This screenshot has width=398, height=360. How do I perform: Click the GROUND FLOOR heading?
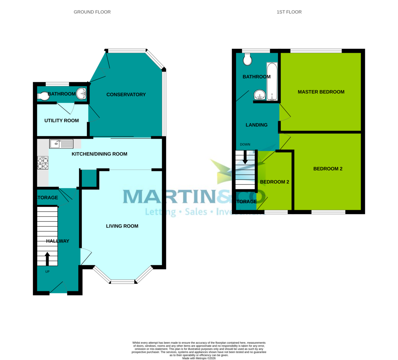point(92,12)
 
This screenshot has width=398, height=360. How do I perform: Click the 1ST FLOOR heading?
point(289,12)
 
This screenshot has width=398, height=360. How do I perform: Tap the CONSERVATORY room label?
point(126,95)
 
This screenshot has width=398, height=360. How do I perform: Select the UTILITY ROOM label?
point(62,120)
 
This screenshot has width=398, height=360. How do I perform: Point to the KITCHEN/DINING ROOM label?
point(99,154)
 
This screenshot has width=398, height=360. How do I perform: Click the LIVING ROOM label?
point(122,226)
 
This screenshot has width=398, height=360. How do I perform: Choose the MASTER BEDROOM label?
point(321,92)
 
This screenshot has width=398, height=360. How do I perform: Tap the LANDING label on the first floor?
point(256,125)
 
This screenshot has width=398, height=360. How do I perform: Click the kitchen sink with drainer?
point(61,144)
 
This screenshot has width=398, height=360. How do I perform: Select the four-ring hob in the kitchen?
point(43,163)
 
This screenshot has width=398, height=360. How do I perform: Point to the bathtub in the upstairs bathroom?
point(272,82)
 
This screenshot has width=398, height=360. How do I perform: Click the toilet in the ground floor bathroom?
point(43,96)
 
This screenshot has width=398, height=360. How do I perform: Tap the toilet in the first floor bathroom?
point(247,60)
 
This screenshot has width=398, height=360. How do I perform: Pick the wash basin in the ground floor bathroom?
point(82,93)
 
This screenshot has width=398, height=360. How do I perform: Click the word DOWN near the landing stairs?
point(245,145)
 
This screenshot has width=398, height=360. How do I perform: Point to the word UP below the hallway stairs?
point(47,271)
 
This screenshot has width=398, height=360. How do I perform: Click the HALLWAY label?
point(58,241)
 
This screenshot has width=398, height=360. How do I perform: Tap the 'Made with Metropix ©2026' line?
point(199,358)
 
